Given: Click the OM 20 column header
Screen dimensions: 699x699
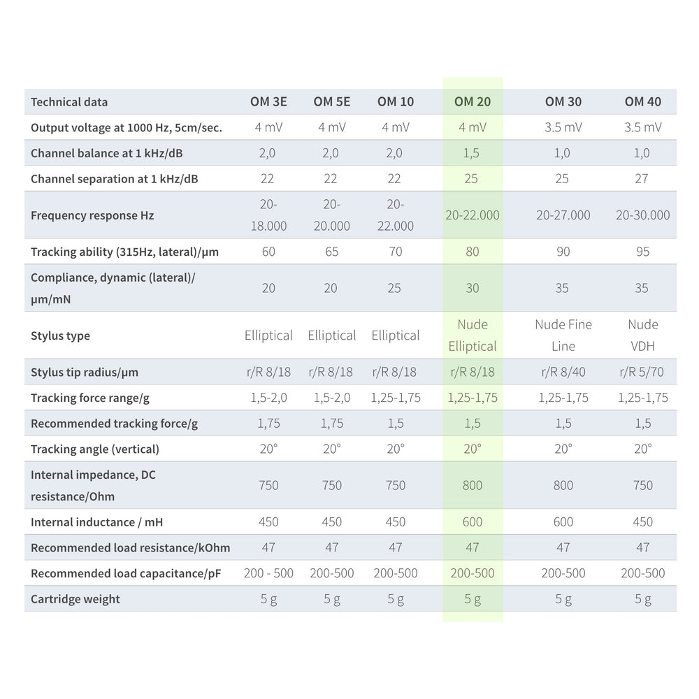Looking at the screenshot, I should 473,101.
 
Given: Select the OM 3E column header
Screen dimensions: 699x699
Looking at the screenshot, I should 268,101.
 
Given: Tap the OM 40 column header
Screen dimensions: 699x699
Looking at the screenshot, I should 642,101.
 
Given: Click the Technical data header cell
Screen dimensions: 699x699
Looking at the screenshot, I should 69,102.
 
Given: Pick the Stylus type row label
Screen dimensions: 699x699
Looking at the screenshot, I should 60,336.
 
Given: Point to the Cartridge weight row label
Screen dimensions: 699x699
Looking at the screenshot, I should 75,599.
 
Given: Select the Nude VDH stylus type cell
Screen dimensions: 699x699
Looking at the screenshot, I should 642,335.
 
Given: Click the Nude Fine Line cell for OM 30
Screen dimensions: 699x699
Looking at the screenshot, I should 563,335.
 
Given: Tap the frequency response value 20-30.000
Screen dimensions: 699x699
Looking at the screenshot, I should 642,215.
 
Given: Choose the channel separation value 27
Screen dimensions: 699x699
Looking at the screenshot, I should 642,178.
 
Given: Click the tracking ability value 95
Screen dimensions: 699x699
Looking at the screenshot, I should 642,252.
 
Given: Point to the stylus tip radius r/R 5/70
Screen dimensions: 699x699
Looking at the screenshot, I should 642,373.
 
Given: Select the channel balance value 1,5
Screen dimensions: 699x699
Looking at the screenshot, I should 473,153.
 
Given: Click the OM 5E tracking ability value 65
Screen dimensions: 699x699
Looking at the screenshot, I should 331,252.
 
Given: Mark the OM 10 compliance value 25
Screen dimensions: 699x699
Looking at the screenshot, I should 396,288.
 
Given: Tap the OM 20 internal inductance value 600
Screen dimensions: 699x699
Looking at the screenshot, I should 473,522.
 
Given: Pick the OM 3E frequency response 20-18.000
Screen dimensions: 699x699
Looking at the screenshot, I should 268,215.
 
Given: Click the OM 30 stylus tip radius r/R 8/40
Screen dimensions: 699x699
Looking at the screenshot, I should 563,373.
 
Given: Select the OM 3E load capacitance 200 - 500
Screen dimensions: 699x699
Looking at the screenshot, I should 268,573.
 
